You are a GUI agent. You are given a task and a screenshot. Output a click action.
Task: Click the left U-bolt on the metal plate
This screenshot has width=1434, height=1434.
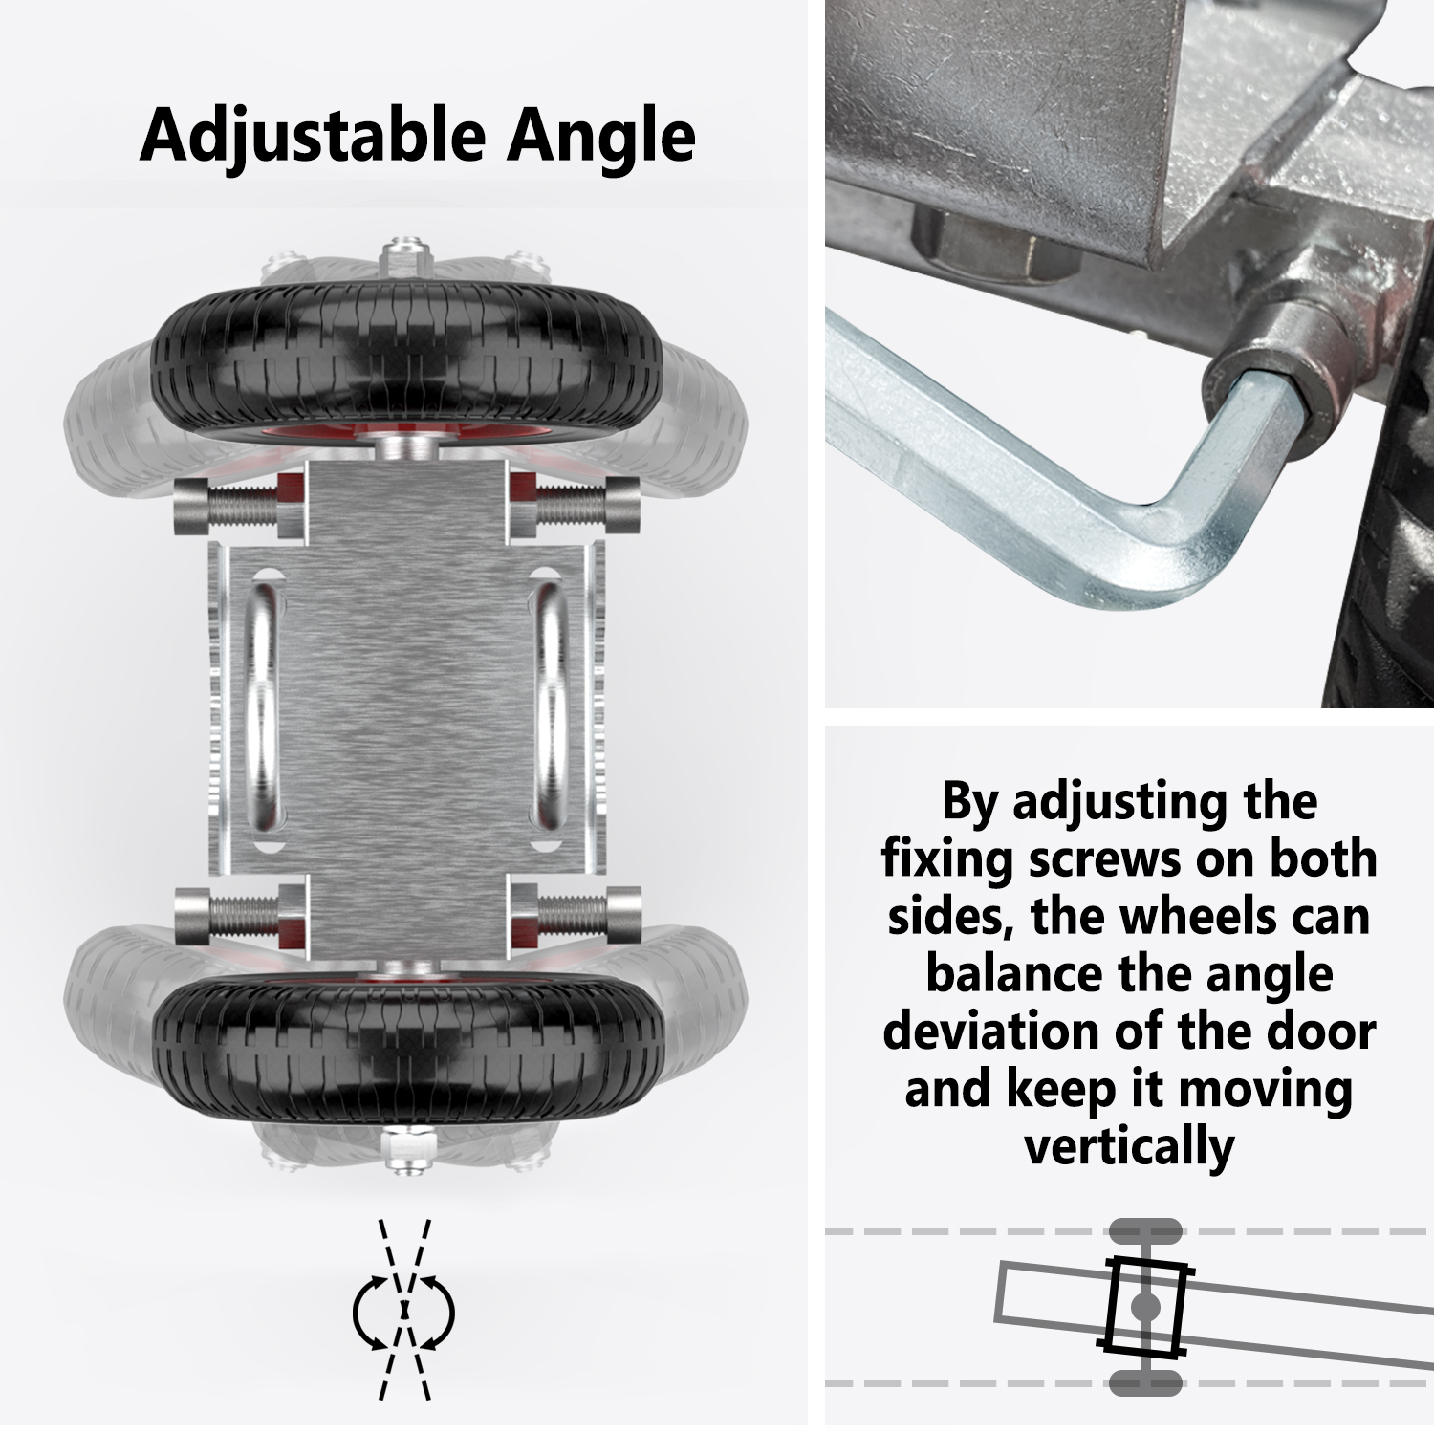click(x=263, y=707)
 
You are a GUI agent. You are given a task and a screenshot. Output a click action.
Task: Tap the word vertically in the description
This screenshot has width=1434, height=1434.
click(x=1129, y=1147)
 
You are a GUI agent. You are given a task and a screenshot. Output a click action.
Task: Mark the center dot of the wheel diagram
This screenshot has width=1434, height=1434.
click(x=1144, y=1306)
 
